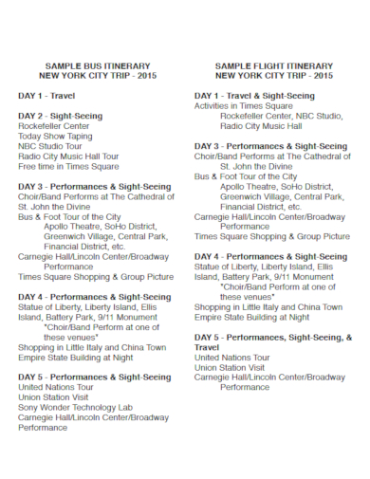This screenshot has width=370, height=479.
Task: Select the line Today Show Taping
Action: [56, 136]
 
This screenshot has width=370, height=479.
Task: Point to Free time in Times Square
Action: [68, 166]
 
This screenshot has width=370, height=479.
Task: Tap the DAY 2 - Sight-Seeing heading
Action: [60, 115]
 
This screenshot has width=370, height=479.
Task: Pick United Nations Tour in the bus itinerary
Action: [58, 387]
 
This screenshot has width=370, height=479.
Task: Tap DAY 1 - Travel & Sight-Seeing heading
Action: [255, 95]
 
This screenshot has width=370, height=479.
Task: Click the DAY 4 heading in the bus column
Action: [94, 296]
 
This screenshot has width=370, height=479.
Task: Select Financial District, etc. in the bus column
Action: [86, 246]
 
